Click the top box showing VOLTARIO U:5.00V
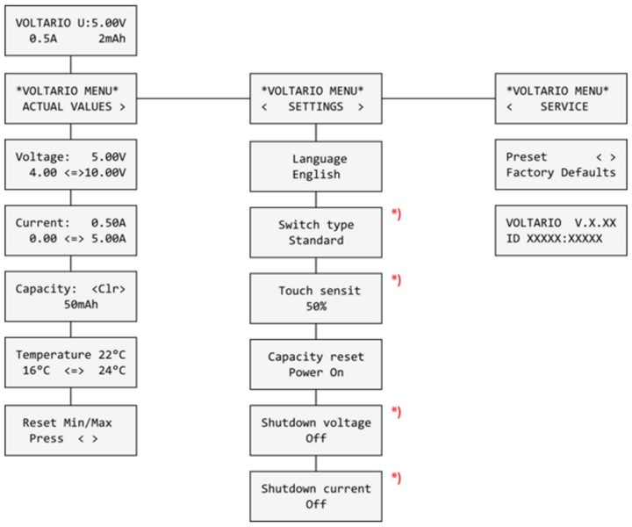[70, 30]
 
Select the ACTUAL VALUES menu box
[70, 98]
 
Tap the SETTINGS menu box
[317, 98]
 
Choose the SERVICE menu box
[561, 98]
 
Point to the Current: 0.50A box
[70, 231]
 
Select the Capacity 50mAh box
[70, 297]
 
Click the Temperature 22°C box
[70, 363]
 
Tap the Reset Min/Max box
[70, 430]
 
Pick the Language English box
[317, 166]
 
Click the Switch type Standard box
[317, 232]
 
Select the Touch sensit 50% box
[317, 299]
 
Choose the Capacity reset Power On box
[317, 365]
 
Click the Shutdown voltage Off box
[317, 430]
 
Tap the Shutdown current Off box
[317, 496]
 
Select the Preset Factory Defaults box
[561, 164]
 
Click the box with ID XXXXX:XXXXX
[561, 231]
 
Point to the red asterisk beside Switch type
[396, 215]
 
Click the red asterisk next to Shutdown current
[396, 479]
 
